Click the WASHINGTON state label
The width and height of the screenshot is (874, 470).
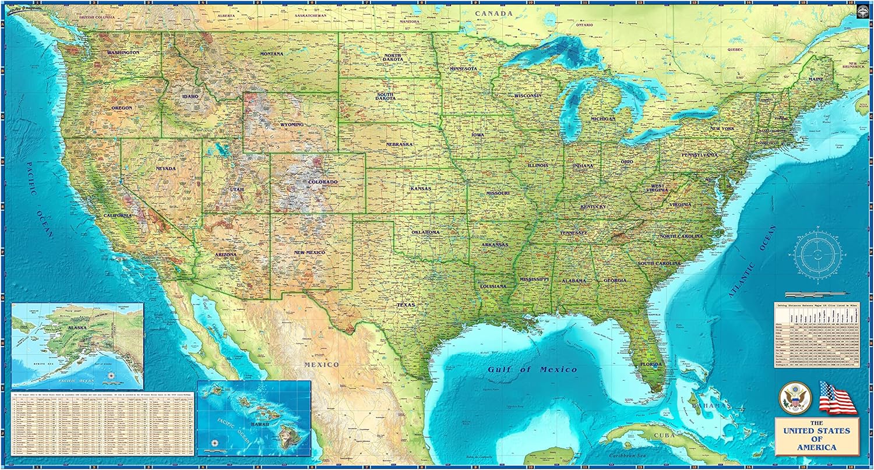(x=123, y=52)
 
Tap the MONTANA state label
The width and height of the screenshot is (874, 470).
(x=272, y=54)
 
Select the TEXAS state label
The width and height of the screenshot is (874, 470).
(x=406, y=305)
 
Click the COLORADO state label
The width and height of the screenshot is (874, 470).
(x=323, y=182)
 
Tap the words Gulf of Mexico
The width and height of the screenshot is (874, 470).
(x=533, y=369)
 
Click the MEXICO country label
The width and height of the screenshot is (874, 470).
(x=321, y=365)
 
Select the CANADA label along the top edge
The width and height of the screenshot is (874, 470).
(x=494, y=13)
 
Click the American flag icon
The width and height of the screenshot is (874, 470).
(x=837, y=398)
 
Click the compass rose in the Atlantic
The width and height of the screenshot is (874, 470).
(x=818, y=254)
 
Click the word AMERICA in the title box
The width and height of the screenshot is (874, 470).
(x=817, y=447)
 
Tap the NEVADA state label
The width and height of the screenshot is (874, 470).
(x=165, y=168)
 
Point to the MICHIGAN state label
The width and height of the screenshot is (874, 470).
(x=602, y=119)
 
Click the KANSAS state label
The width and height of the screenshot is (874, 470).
(x=420, y=189)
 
